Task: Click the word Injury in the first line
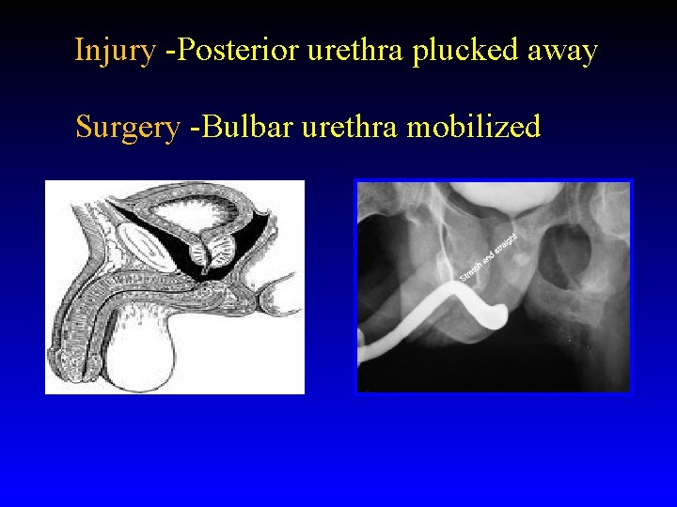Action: point(115,50)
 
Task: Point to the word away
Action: point(562,50)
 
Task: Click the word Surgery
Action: point(127,126)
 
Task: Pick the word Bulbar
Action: point(242,126)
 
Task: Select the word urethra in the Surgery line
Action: point(350,126)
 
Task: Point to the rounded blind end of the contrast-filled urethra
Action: point(498,315)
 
